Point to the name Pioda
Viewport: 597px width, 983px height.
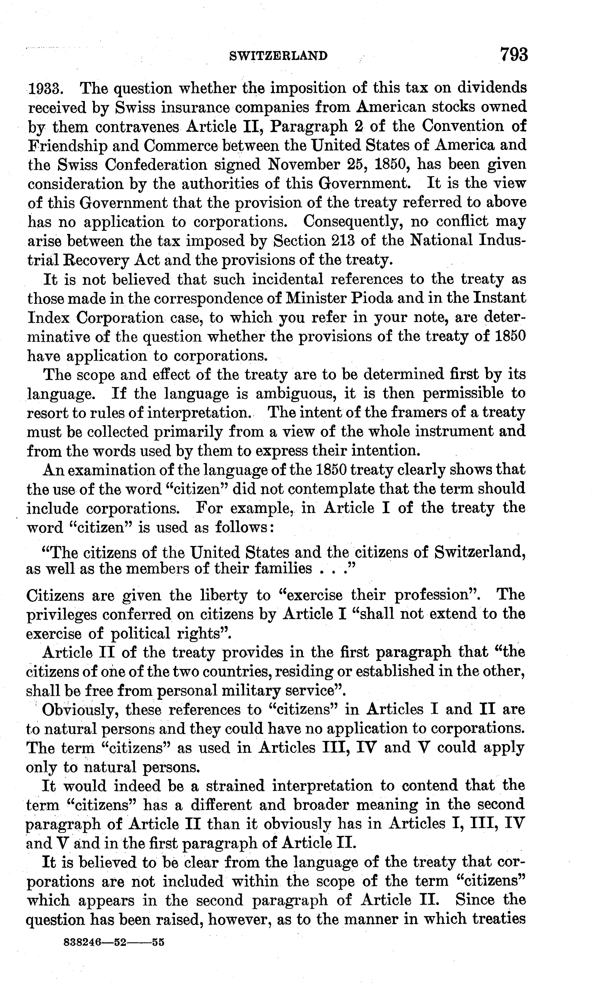377,298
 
